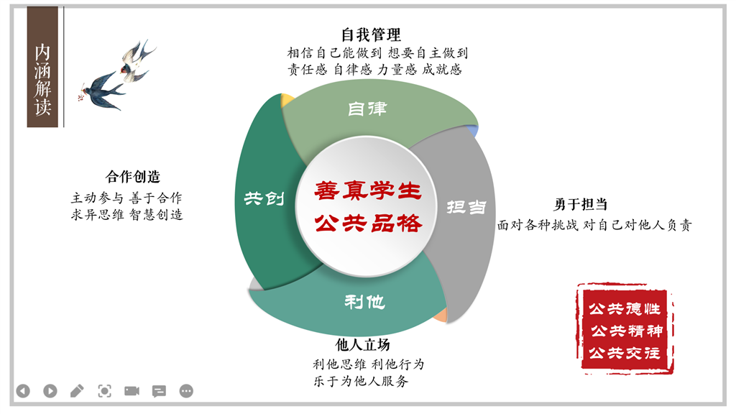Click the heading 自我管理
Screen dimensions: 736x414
click(x=371, y=34)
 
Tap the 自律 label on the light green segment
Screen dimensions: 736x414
click(x=367, y=109)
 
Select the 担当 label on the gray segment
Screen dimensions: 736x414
click(x=466, y=207)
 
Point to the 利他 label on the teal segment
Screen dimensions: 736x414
click(x=364, y=302)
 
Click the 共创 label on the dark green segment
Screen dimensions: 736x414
click(x=264, y=198)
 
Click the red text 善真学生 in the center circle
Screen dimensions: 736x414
click(x=368, y=190)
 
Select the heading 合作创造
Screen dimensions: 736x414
click(x=133, y=177)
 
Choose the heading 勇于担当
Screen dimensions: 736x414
click(x=581, y=205)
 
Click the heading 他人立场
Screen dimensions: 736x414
click(x=362, y=345)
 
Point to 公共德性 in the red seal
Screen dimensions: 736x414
click(x=625, y=309)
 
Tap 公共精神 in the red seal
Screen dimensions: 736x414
click(x=627, y=331)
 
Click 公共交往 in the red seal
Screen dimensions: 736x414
click(x=625, y=352)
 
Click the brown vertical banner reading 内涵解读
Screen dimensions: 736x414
click(x=42, y=67)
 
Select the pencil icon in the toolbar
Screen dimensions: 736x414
click(x=77, y=391)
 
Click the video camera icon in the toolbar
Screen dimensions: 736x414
click(x=132, y=391)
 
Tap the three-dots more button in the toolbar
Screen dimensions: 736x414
click(x=186, y=391)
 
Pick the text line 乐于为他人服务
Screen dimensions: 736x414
click(x=361, y=381)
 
